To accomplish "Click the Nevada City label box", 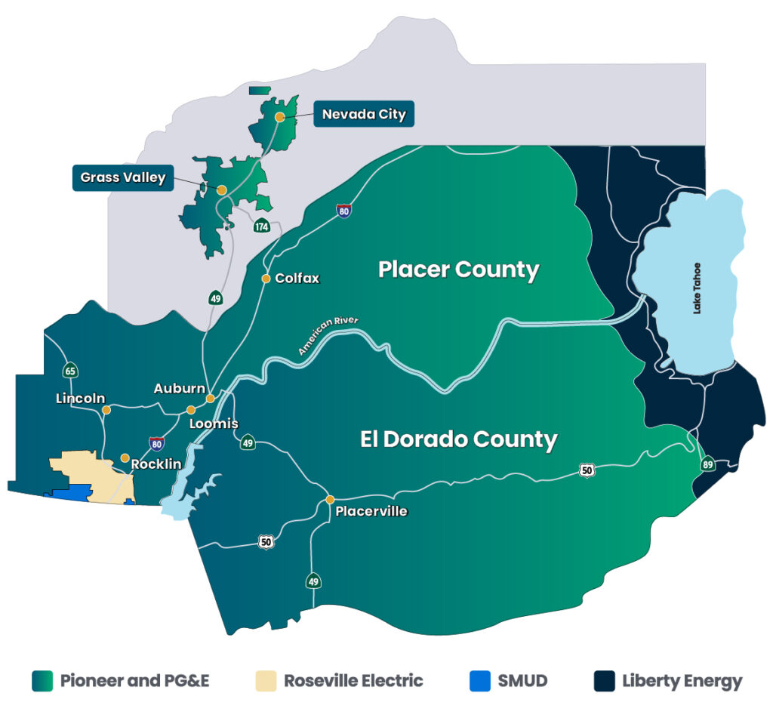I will click(x=364, y=115).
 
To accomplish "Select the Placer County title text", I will click(x=458, y=270).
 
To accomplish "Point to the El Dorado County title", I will click(x=458, y=439).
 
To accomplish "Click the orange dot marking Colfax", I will click(x=266, y=279).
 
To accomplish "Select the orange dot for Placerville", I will click(x=330, y=500).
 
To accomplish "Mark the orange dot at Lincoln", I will click(x=106, y=410).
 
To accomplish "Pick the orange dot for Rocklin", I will click(x=125, y=458).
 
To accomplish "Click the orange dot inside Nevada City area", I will click(x=279, y=117).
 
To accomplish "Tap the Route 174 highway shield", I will click(x=262, y=226).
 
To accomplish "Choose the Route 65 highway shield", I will click(x=70, y=370).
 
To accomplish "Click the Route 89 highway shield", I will click(x=707, y=464).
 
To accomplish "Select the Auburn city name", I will click(x=179, y=389).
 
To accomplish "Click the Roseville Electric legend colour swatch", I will click(x=266, y=681).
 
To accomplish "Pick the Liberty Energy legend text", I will click(x=682, y=681).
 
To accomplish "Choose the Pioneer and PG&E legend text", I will click(x=134, y=681).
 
